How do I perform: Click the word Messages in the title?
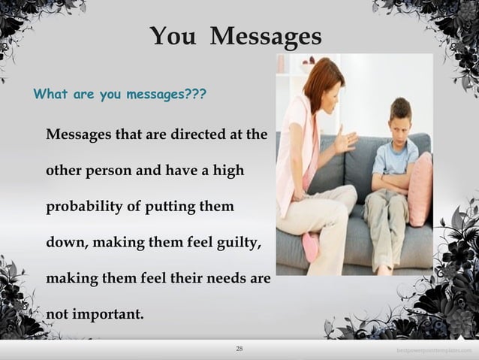click(266, 35)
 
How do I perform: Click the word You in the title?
click(173, 35)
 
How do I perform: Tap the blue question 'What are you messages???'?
click(120, 96)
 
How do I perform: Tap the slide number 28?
click(239, 349)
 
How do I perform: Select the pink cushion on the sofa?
click(420, 188)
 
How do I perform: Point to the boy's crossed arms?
click(393, 181)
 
